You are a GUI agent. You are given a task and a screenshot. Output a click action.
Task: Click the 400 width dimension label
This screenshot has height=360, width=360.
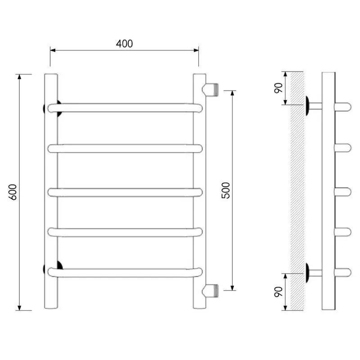pyautogui.click(x=124, y=44)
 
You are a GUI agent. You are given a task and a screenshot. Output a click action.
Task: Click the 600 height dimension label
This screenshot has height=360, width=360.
pyautogui.click(x=13, y=192)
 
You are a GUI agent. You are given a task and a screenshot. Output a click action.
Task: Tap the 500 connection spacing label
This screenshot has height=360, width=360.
pyautogui.click(x=226, y=190)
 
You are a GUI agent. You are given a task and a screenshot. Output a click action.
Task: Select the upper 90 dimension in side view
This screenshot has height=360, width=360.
pyautogui.click(x=278, y=88)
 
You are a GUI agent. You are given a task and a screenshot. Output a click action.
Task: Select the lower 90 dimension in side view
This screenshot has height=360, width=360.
pyautogui.click(x=278, y=292)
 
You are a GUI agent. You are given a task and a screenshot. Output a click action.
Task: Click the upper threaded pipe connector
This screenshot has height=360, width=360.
pyautogui.click(x=210, y=90)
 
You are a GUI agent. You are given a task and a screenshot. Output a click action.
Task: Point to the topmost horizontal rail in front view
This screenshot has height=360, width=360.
pyautogui.click(x=125, y=108)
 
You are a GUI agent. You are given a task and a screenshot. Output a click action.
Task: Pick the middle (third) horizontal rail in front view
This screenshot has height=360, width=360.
pyautogui.click(x=125, y=193)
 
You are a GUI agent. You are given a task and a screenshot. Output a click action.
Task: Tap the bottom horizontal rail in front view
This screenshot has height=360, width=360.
pyautogui.click(x=125, y=272)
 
